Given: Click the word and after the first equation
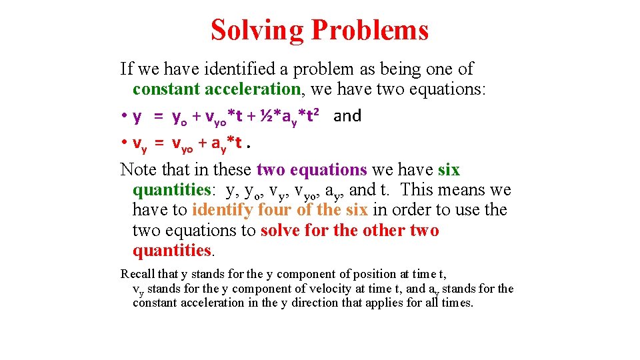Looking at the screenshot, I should [347, 116].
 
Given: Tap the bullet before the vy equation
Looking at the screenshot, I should [125, 143].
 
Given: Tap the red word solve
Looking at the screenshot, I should [279, 231].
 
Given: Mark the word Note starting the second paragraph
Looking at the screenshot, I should [138, 170].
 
